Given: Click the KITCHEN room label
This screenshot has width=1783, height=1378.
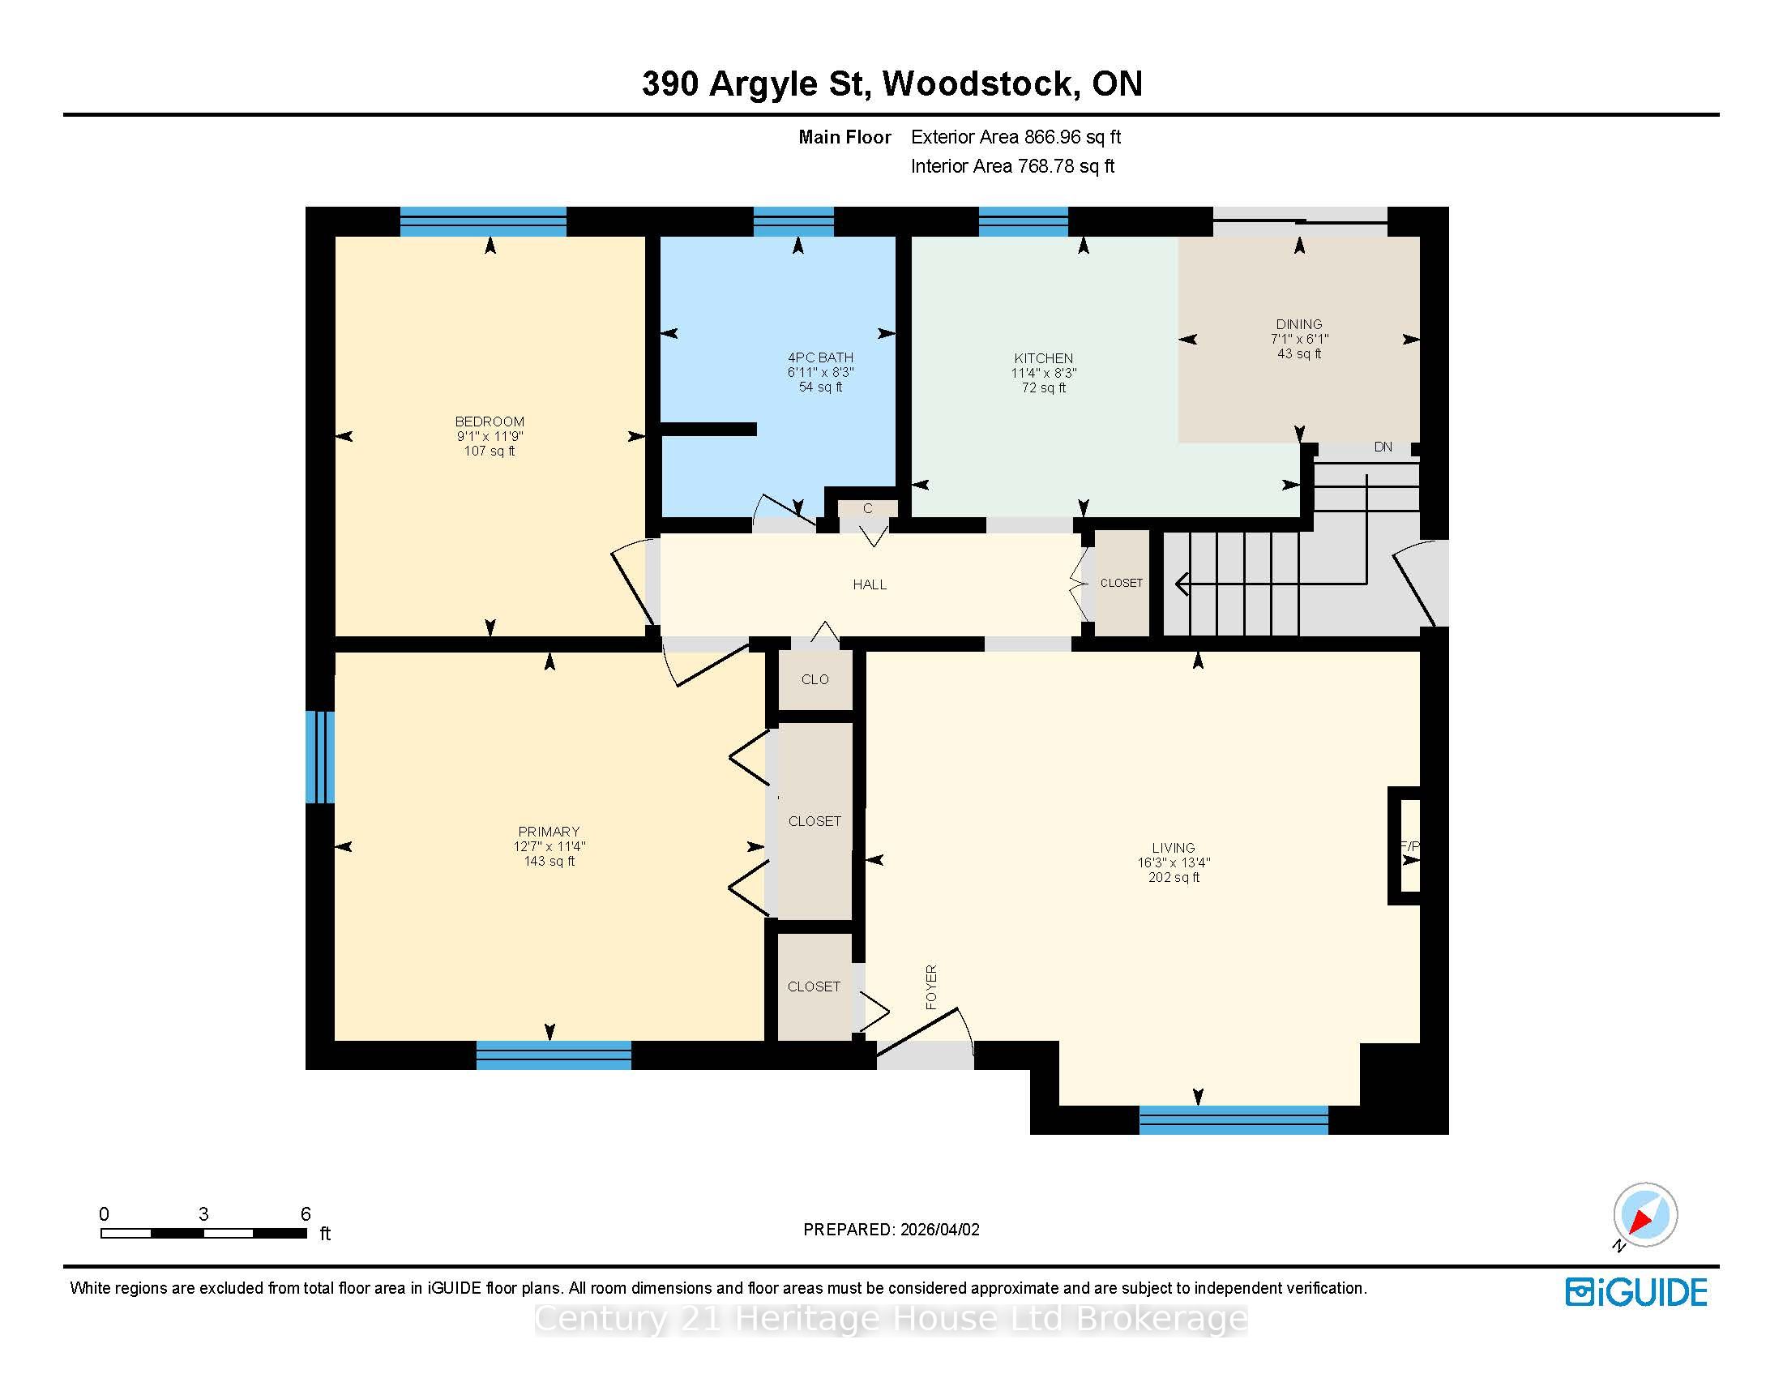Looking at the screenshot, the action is pos(1043,358).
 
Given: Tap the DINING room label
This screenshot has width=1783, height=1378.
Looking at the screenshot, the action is pos(1299,324).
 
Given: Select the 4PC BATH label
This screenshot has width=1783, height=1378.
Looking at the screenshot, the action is pos(820,357).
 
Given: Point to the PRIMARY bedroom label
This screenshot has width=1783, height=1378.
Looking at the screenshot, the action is pos(549,832).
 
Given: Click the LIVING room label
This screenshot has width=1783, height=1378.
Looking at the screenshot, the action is pos(1174,848).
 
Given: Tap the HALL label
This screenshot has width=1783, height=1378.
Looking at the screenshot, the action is pos(870,584).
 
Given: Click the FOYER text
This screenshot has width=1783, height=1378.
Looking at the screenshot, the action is pos(931,987).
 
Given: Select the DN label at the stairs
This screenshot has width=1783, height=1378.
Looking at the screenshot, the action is pos(1383,447).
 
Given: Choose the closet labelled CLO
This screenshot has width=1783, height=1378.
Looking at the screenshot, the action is pos(815,679).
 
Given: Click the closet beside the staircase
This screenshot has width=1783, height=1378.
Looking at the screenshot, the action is pos(1121,583).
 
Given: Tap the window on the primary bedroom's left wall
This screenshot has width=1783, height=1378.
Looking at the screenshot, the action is pos(320,757).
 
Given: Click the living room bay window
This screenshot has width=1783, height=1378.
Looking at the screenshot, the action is pos(1234,1119).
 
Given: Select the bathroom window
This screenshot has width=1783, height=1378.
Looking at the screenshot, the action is pos(793,221).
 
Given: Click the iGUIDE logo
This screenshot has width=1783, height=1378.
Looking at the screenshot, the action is pos(1636,1292).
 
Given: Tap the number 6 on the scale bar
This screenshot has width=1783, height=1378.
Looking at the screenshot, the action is pos(306,1214).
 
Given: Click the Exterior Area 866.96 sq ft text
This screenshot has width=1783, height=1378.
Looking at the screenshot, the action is pos(1015,137).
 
